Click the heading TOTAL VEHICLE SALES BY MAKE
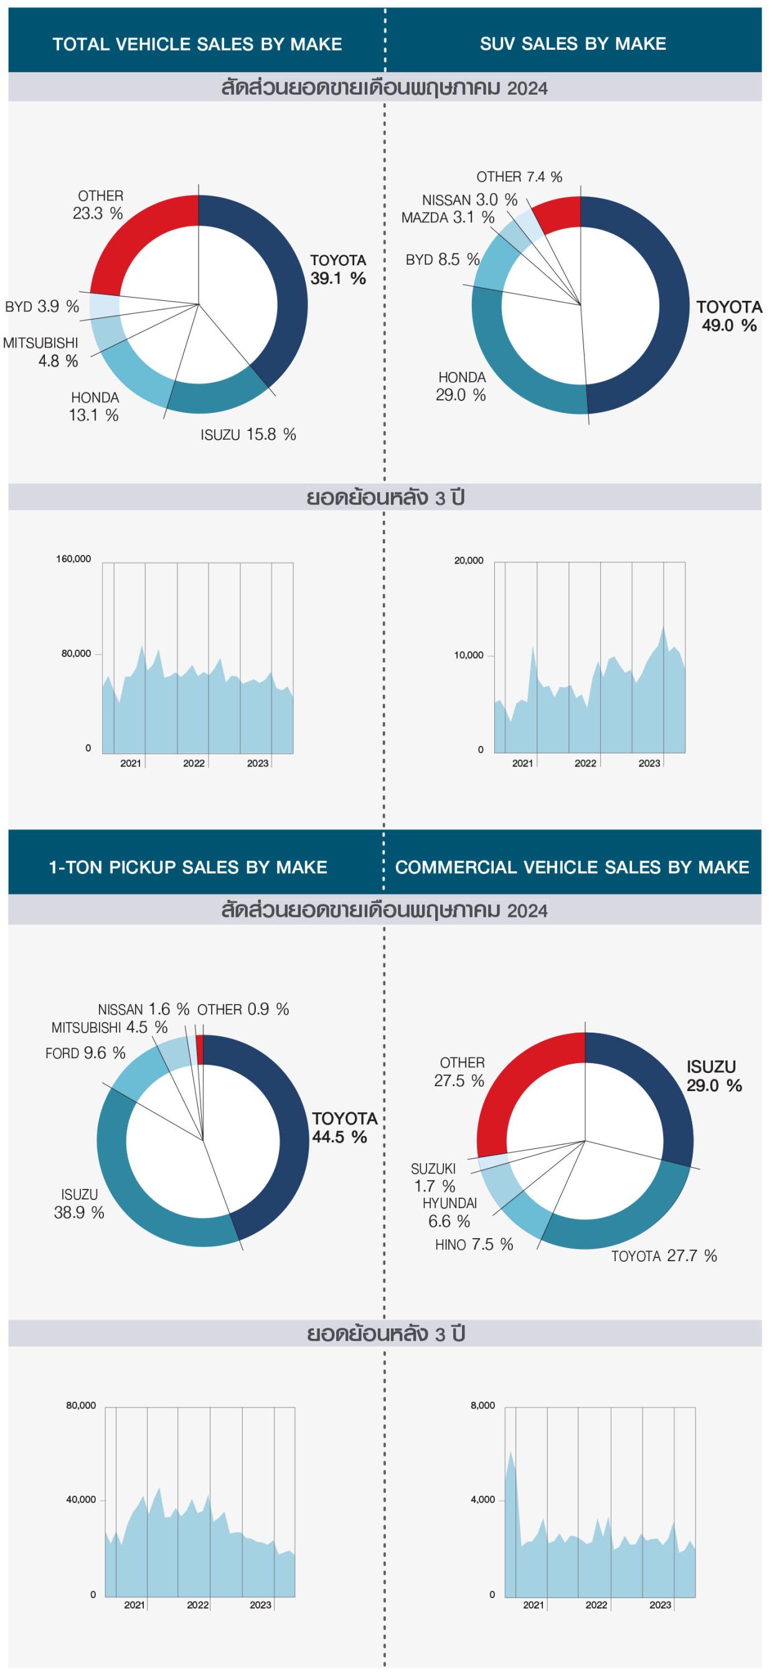click(x=197, y=44)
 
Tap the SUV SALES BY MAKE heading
click(x=573, y=44)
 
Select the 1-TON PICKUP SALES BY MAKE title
click(x=188, y=867)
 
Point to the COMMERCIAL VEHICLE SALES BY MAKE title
click(x=572, y=867)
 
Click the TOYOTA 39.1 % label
click(x=338, y=269)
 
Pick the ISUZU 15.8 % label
click(x=248, y=435)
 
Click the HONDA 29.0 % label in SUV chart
click(x=461, y=387)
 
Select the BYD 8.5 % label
click(x=443, y=260)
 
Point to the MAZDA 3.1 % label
click(x=448, y=218)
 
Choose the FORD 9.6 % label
click(x=85, y=1052)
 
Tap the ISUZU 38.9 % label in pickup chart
click(x=80, y=1203)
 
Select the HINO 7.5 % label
click(x=474, y=1244)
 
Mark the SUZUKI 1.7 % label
click(x=434, y=1177)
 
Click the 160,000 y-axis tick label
click(x=73, y=559)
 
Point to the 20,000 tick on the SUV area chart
click(x=469, y=560)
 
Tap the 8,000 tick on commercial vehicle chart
click(x=482, y=1405)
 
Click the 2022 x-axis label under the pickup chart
click(x=198, y=1605)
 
